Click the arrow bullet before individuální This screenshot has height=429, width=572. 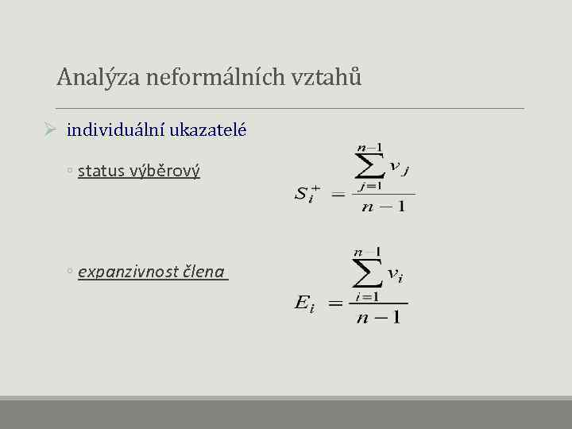(49, 129)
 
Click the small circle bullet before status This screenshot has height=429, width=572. (71, 172)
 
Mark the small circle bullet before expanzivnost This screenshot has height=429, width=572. (71, 272)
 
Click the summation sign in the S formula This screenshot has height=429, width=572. (367, 167)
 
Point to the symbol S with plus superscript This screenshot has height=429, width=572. (306, 194)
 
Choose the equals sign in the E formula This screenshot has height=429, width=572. (335, 303)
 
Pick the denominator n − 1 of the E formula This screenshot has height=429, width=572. (378, 316)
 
